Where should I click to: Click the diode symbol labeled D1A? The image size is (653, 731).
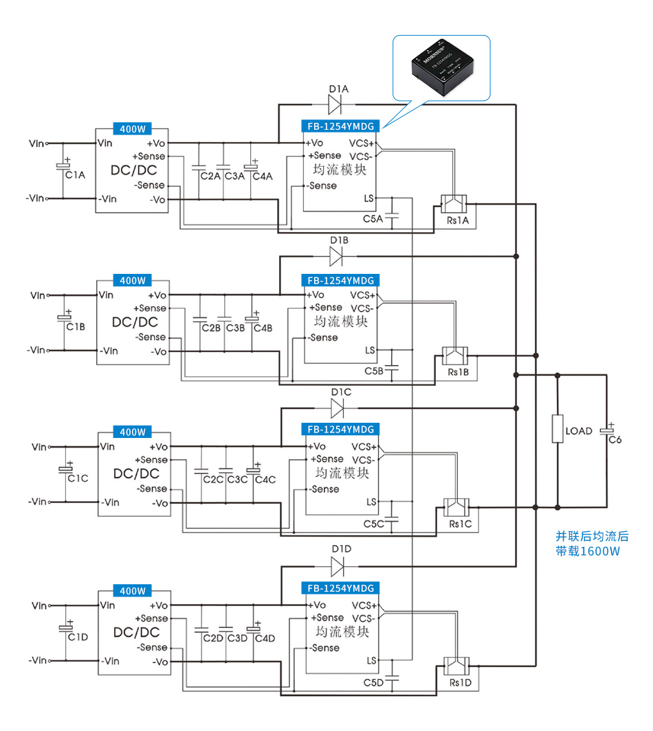pos(336,104)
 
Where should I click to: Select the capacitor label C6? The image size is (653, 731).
pos(615,440)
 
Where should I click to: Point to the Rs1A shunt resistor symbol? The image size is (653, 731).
pos(454,204)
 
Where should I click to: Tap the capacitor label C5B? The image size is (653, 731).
pos(373,371)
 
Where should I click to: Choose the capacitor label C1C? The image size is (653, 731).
pos(78,478)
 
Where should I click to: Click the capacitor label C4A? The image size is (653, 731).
pos(263,176)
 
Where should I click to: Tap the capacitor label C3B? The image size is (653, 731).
pos(236,328)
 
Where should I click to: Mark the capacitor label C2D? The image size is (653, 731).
pos(213,638)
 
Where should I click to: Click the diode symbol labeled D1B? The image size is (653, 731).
pos(337,257)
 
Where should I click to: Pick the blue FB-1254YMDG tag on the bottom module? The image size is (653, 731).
pos(342,588)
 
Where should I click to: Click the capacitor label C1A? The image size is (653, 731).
pos(75,175)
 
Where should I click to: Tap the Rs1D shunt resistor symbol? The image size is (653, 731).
pos(456,664)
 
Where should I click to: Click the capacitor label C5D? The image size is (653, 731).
pos(373,683)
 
